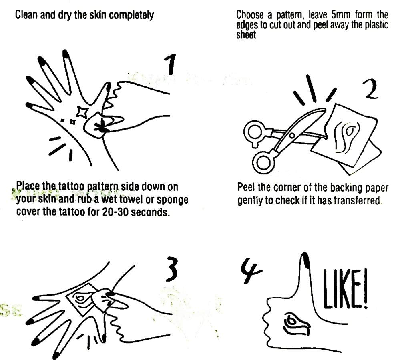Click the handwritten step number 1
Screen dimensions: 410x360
171,64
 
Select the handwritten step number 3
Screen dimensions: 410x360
171,269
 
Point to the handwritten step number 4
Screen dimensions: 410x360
250,271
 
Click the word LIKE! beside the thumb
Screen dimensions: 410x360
345,289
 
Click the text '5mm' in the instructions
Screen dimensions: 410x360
340,15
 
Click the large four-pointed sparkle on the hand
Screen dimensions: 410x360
82,112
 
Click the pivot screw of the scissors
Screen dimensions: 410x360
292,136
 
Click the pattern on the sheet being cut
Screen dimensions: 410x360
346,137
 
